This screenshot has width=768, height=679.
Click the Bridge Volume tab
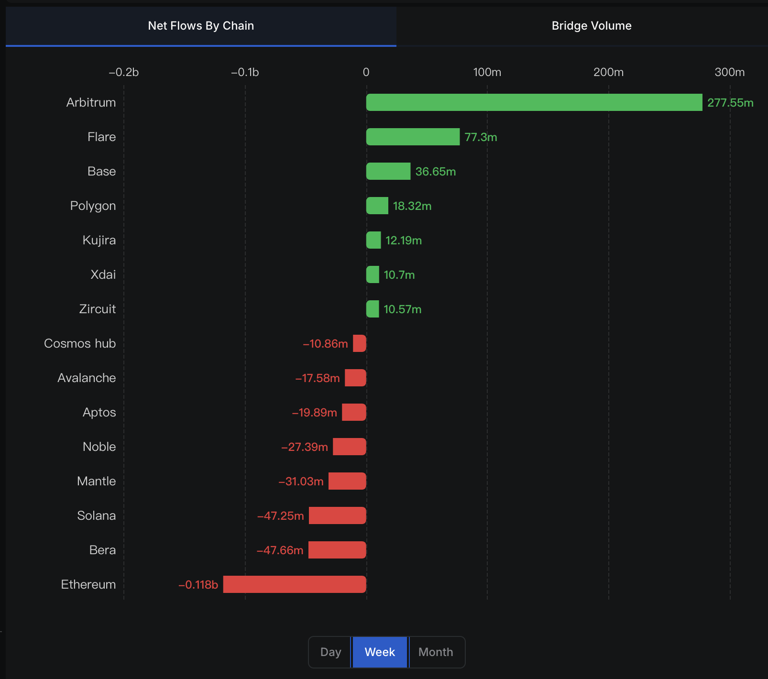tap(592, 26)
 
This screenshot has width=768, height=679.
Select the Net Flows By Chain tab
tap(201, 26)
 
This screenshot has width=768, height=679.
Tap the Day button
tap(330, 652)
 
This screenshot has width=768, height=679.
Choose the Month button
tap(436, 652)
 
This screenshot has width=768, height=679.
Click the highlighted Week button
tap(380, 652)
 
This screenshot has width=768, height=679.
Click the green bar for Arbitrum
tap(534, 102)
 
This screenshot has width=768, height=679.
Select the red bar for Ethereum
tap(295, 584)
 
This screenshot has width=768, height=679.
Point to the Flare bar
tap(413, 137)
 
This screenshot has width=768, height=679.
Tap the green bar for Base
tap(388, 171)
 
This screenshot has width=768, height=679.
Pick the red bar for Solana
tap(338, 515)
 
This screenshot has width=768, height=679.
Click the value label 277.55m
tap(730, 103)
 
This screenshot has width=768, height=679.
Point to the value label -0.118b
tap(198, 585)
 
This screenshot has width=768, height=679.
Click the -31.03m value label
tap(301, 482)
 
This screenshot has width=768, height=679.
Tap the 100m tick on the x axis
tap(487, 72)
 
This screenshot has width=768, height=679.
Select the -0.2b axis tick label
tap(123, 72)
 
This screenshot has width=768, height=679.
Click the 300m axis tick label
tap(729, 72)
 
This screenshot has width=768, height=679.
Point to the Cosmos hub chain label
tap(80, 343)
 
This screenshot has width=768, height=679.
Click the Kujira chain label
tap(99, 240)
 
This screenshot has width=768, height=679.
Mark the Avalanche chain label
tap(87, 378)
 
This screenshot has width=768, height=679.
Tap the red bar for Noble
tap(350, 447)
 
